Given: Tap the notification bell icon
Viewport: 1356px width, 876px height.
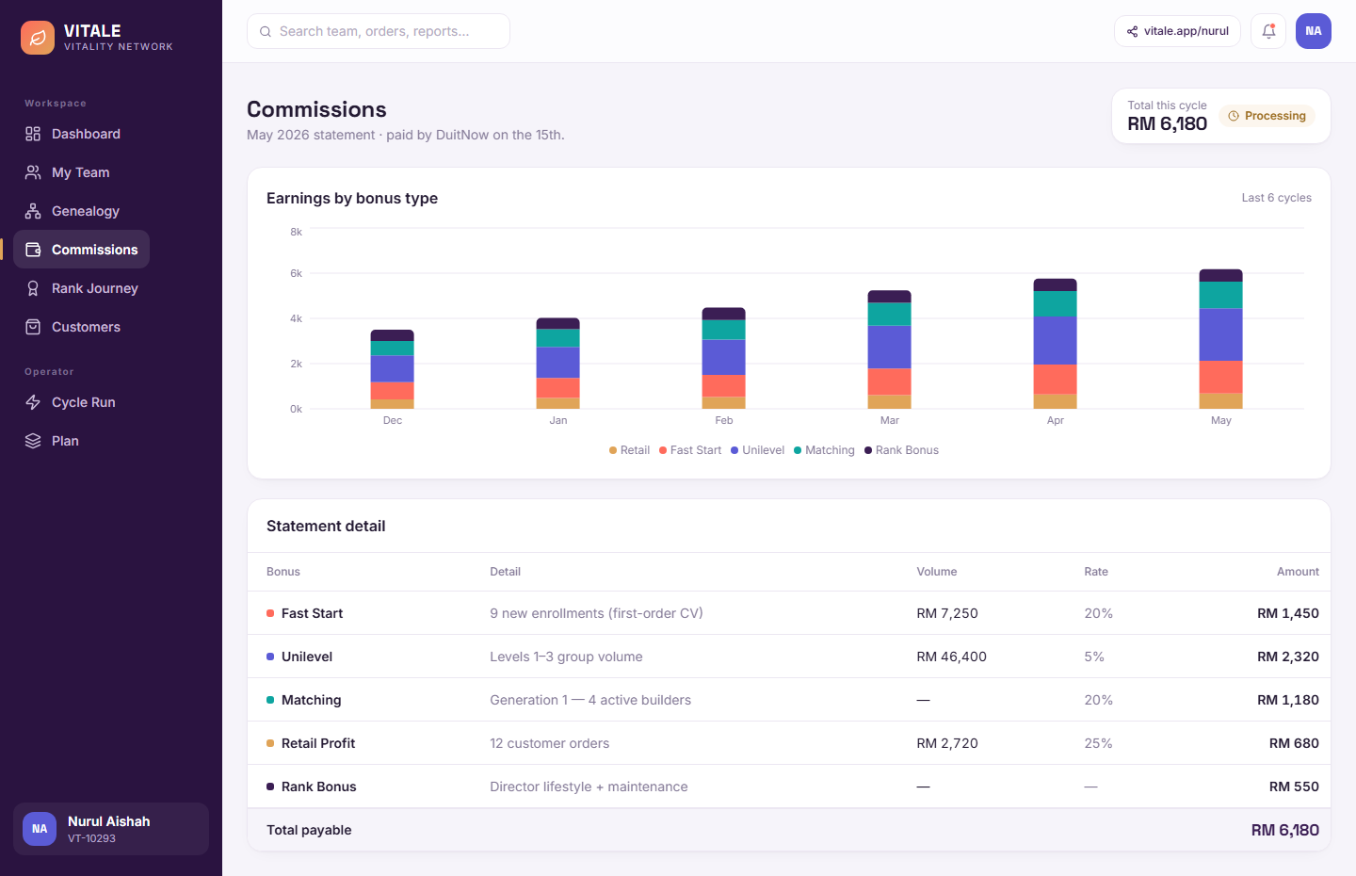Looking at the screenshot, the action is [1268, 31].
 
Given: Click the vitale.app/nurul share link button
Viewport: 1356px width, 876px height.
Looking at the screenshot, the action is [1177, 31].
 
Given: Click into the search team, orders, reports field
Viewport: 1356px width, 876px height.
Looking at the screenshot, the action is [379, 31].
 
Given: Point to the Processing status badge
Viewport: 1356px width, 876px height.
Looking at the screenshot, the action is [1267, 116].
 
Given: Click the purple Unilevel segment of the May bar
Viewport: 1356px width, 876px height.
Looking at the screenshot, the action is [1221, 334].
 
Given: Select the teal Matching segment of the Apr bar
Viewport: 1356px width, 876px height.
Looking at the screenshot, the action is [1055, 304].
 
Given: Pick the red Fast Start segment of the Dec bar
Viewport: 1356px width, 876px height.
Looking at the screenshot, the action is [393, 391].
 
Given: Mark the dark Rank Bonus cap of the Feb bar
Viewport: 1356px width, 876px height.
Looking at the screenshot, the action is [723, 314].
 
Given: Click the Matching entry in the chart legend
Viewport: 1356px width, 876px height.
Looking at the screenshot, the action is [824, 450].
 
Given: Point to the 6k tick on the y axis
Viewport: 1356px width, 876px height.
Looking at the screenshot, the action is [296, 274].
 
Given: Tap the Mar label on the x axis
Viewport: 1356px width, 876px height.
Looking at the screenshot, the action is [889, 420].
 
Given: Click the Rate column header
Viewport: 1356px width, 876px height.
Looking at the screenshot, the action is [1096, 572].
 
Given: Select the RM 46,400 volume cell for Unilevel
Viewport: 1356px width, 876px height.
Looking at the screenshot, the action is [951, 657].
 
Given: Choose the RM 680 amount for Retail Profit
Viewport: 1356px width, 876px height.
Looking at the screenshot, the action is [1294, 743].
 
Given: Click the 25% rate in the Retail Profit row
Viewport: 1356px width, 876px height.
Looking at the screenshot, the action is [1098, 743].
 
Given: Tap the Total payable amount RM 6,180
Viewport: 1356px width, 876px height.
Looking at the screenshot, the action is [1284, 830].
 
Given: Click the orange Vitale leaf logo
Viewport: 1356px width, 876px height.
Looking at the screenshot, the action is [38, 38].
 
